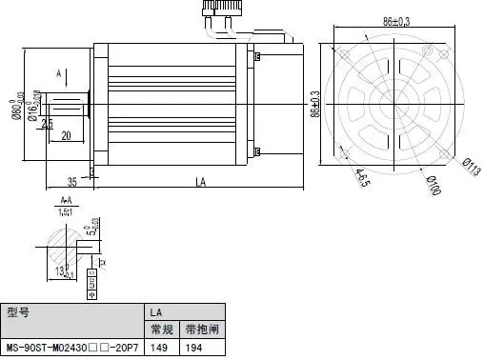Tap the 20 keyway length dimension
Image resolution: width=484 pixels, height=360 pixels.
click(66, 136)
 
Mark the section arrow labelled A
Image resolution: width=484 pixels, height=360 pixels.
click(59, 72)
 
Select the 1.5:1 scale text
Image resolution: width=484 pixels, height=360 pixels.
click(65, 212)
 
